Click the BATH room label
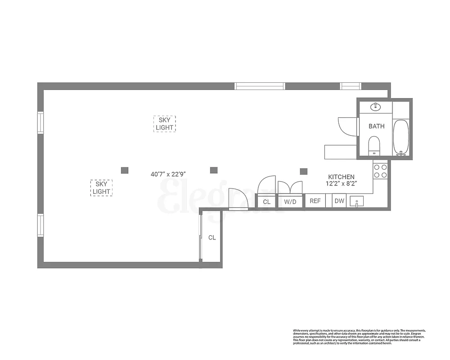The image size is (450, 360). click(x=377, y=126)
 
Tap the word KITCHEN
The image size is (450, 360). click(x=341, y=177)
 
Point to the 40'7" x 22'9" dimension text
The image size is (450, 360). click(x=168, y=173)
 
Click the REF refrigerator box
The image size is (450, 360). click(x=315, y=201)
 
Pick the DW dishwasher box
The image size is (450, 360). click(x=339, y=201)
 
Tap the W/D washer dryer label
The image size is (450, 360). click(x=290, y=202)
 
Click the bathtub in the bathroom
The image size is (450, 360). click(x=400, y=137)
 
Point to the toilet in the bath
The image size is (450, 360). click(x=374, y=145)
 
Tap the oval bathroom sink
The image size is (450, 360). click(x=375, y=107)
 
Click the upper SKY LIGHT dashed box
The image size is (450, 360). click(x=165, y=124)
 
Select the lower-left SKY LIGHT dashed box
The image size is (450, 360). click(x=101, y=188)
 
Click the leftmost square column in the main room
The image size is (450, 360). click(x=125, y=170)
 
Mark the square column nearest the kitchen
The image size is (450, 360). click(x=304, y=171)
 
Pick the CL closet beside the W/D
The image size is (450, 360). click(x=267, y=202)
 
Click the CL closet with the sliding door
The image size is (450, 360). click(x=212, y=237)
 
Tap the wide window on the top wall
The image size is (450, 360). click(x=260, y=86)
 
